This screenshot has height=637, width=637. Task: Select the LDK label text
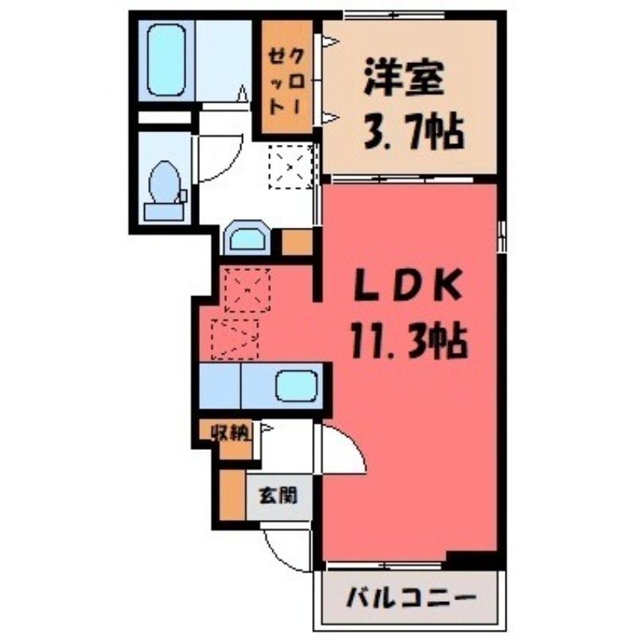[x=408, y=285]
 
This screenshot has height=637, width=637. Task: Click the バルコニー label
[x=410, y=599]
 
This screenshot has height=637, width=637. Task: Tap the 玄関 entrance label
[x=278, y=495]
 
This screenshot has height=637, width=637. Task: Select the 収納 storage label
[x=230, y=434]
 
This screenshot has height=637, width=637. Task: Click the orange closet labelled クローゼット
[x=287, y=76]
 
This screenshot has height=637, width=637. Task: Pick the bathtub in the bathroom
[x=166, y=61]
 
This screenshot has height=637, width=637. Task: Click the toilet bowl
[x=165, y=182]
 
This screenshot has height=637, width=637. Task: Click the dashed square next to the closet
[x=291, y=167]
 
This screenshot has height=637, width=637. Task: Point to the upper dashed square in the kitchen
[x=248, y=290]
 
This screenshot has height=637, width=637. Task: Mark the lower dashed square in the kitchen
[x=235, y=340]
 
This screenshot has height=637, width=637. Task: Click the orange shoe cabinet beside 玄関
[x=233, y=495]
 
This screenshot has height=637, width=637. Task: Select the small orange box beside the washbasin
[x=297, y=243]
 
